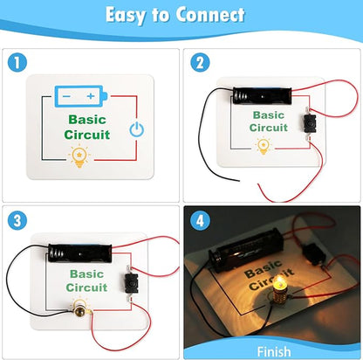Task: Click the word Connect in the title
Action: click(210, 15)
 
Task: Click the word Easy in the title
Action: click(126, 16)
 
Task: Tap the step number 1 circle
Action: click(17, 62)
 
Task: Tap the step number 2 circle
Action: click(200, 62)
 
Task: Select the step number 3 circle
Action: click(17, 220)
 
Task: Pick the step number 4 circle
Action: click(200, 220)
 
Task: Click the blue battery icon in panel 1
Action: click(81, 96)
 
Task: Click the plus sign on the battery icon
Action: click(91, 96)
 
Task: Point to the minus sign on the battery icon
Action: click(66, 96)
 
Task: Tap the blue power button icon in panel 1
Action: click(136, 129)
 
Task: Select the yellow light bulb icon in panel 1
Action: click(79, 156)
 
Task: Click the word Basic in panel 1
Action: click(87, 120)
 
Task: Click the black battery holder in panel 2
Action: click(262, 95)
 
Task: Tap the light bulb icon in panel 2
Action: click(264, 146)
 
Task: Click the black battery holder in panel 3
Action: click(80, 253)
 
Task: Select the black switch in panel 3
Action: click(131, 283)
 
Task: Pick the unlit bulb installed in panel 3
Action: click(80, 310)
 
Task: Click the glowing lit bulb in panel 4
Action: click(279, 291)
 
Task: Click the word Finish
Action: click(274, 351)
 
